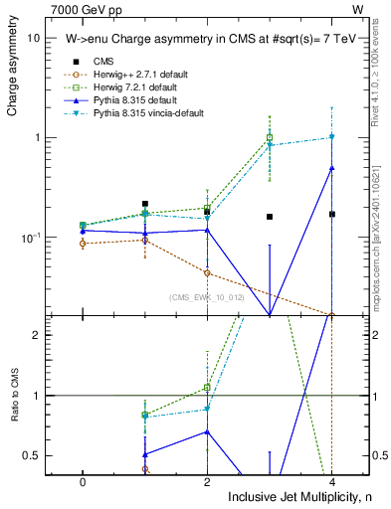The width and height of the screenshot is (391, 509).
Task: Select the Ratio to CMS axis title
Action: [13, 408]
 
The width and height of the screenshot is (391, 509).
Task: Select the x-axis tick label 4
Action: [331, 479]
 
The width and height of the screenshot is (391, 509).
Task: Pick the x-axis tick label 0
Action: [83, 479]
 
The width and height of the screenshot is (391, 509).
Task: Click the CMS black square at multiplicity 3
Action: [269, 217]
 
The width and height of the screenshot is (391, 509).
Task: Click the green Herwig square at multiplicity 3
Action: [269, 138]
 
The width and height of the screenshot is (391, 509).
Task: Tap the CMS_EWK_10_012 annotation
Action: [201, 296]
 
